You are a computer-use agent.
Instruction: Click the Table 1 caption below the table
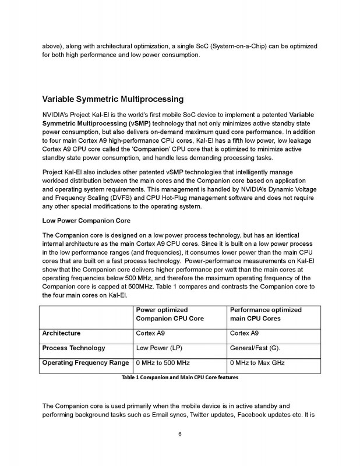point(180,377)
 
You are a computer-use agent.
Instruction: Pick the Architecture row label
point(61,333)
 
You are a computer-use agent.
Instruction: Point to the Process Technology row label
point(73,348)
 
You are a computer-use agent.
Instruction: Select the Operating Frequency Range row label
point(85,362)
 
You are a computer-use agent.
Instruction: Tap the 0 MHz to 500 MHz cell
point(167,362)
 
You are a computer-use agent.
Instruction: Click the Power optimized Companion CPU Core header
point(170,314)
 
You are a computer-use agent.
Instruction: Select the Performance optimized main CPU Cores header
point(266,314)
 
